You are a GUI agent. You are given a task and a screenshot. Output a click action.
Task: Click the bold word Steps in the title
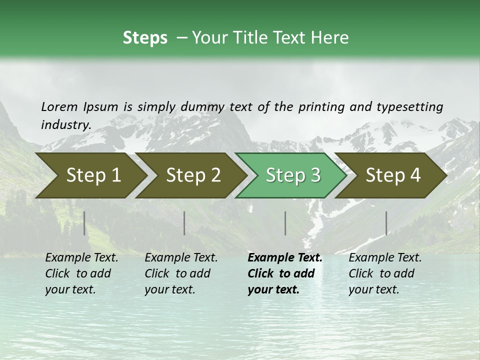(x=145, y=38)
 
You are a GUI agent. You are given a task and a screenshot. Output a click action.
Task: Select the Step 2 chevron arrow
(x=193, y=175)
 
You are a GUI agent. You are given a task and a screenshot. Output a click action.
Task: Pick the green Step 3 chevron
(x=292, y=175)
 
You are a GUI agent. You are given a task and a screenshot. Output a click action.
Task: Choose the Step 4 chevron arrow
(x=393, y=175)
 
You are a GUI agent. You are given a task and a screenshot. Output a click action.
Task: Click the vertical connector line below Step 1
(x=84, y=223)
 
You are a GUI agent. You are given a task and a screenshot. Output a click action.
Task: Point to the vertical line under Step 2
(x=184, y=223)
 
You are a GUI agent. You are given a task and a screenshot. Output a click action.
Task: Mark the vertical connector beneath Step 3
(x=285, y=223)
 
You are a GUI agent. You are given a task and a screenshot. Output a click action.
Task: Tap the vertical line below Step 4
(x=386, y=223)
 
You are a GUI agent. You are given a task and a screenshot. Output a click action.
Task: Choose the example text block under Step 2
(x=181, y=273)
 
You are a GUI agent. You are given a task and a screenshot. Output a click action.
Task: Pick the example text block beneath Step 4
(x=385, y=273)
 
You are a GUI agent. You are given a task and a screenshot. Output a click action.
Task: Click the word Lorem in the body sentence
(x=59, y=107)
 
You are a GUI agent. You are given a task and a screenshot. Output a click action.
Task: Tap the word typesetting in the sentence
(x=409, y=107)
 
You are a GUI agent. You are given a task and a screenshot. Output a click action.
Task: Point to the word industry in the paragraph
(x=65, y=125)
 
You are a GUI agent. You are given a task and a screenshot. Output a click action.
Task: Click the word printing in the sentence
(x=322, y=107)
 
